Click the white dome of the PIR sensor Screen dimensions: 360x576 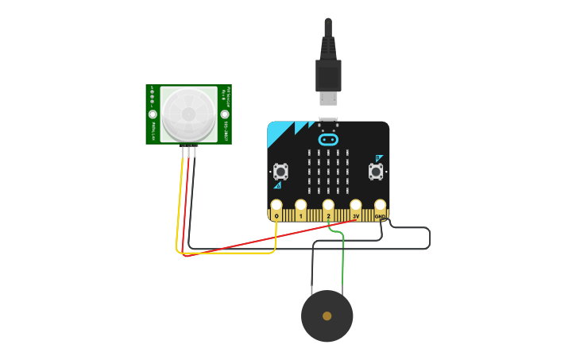tap(188, 114)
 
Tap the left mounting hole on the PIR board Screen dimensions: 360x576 tap(153, 114)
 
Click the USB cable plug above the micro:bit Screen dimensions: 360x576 tap(328, 76)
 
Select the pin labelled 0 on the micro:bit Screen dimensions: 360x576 tap(276, 207)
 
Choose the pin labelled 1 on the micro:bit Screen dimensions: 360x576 tap(300, 207)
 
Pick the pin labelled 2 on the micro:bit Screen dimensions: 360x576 tap(328, 207)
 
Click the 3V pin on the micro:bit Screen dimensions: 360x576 tap(355, 207)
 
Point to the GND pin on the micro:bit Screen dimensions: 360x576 tap(381, 207)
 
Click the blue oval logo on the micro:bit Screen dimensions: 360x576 tap(328, 140)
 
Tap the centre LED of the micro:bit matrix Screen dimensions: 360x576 tap(328, 170)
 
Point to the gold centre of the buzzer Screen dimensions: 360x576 tap(327, 315)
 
